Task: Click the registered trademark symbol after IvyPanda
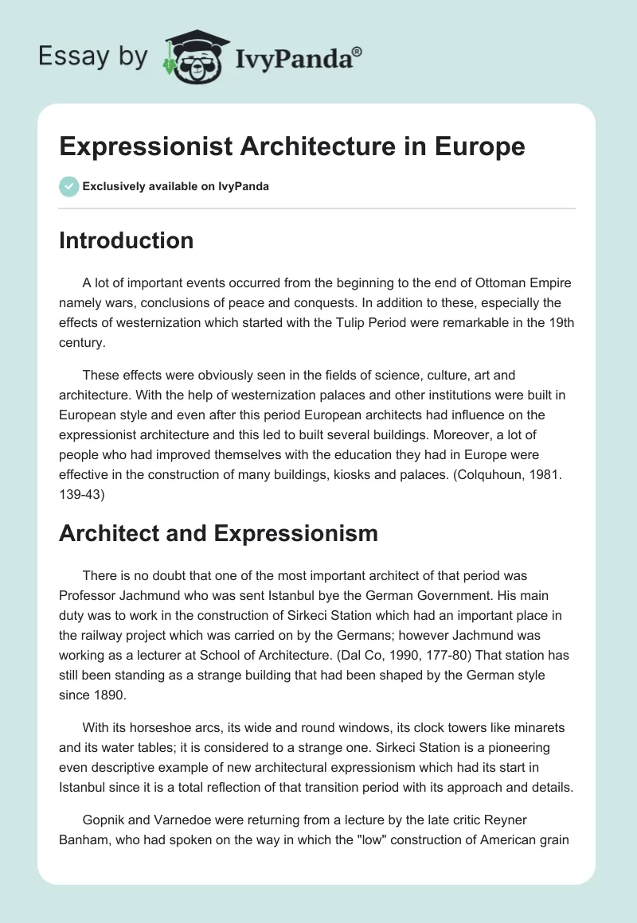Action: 358,51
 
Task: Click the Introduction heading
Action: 126,240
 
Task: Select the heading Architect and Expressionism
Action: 218,533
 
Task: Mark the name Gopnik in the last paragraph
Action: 103,820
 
